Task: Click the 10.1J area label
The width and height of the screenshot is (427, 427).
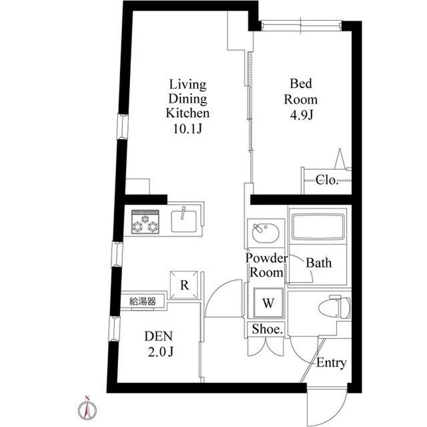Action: tap(187, 128)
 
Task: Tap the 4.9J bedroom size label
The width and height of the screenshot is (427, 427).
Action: tap(302, 115)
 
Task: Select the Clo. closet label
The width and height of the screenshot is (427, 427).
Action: tap(327, 180)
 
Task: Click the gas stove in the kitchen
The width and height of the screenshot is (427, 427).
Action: tap(145, 222)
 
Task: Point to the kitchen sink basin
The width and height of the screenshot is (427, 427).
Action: tap(184, 221)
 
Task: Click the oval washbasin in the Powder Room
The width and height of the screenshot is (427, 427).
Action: tap(266, 233)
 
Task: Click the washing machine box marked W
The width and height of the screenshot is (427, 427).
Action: tap(268, 303)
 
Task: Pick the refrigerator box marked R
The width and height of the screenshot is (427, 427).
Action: tap(184, 285)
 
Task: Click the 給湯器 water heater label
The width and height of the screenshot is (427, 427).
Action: tap(143, 301)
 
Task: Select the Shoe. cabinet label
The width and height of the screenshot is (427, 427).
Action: tap(267, 329)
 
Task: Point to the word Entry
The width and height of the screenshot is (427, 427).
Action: tap(331, 364)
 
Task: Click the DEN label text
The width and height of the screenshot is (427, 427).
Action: tap(159, 336)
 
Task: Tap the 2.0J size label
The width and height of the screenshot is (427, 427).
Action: tap(161, 352)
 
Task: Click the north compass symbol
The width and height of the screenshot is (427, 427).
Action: tap(87, 409)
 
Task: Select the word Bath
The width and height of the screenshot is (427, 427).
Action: tap(319, 263)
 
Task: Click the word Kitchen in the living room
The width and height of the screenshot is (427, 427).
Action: tap(187, 113)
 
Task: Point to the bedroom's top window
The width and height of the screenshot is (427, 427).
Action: tap(301, 25)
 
